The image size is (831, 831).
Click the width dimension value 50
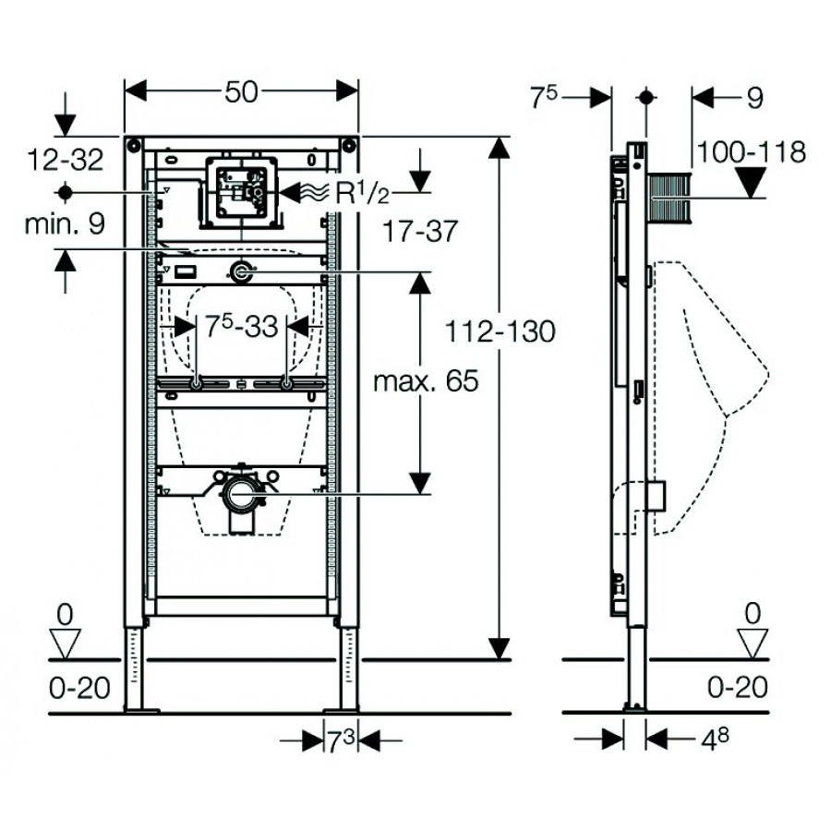click(241, 90)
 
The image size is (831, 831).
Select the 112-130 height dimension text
click(501, 331)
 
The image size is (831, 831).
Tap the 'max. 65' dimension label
click(426, 380)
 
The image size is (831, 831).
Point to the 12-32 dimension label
click(66, 159)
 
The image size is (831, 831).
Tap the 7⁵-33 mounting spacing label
click(241, 326)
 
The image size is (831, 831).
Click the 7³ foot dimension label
click(342, 740)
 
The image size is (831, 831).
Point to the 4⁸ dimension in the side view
click(704, 739)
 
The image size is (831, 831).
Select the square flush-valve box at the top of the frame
click(240, 192)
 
